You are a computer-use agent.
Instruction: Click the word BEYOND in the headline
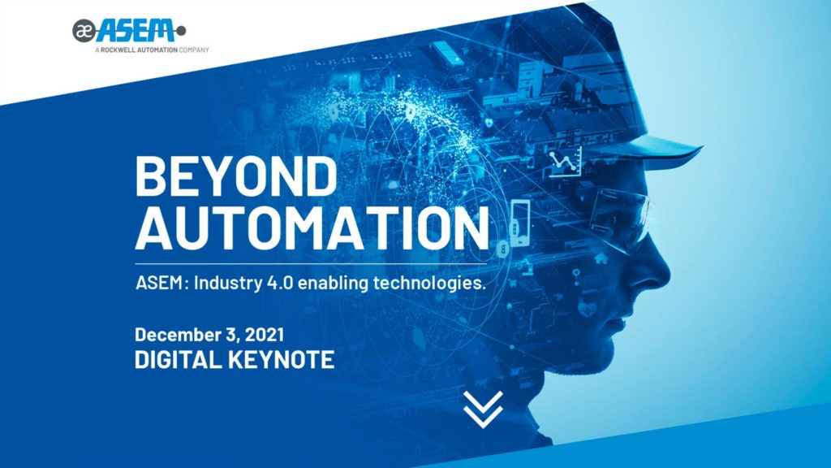tap(236, 175)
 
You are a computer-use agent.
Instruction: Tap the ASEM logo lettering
tap(136, 30)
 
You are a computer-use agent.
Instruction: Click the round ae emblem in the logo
tap(84, 31)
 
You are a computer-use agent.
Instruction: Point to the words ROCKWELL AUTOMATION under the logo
tap(139, 50)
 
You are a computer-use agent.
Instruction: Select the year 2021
tap(265, 335)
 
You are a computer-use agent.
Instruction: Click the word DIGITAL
tap(178, 359)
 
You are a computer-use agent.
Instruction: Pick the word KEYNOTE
tap(282, 359)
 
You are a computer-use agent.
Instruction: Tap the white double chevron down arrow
tap(483, 409)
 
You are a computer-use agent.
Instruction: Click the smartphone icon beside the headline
tap(519, 223)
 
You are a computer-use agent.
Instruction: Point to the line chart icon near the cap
tap(565, 162)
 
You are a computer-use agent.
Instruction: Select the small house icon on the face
tap(601, 258)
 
